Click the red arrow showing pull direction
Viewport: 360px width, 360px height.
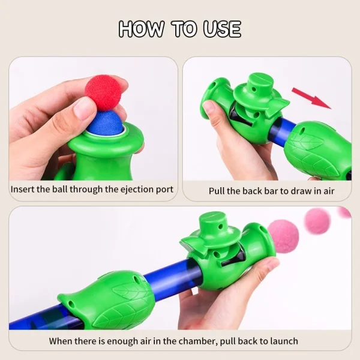click(x=311, y=98)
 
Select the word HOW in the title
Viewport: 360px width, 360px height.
click(x=142, y=29)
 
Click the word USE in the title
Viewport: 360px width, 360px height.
click(x=222, y=29)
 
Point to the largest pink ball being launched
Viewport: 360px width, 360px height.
click(x=283, y=234)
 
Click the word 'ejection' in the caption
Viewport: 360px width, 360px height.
click(x=136, y=190)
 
